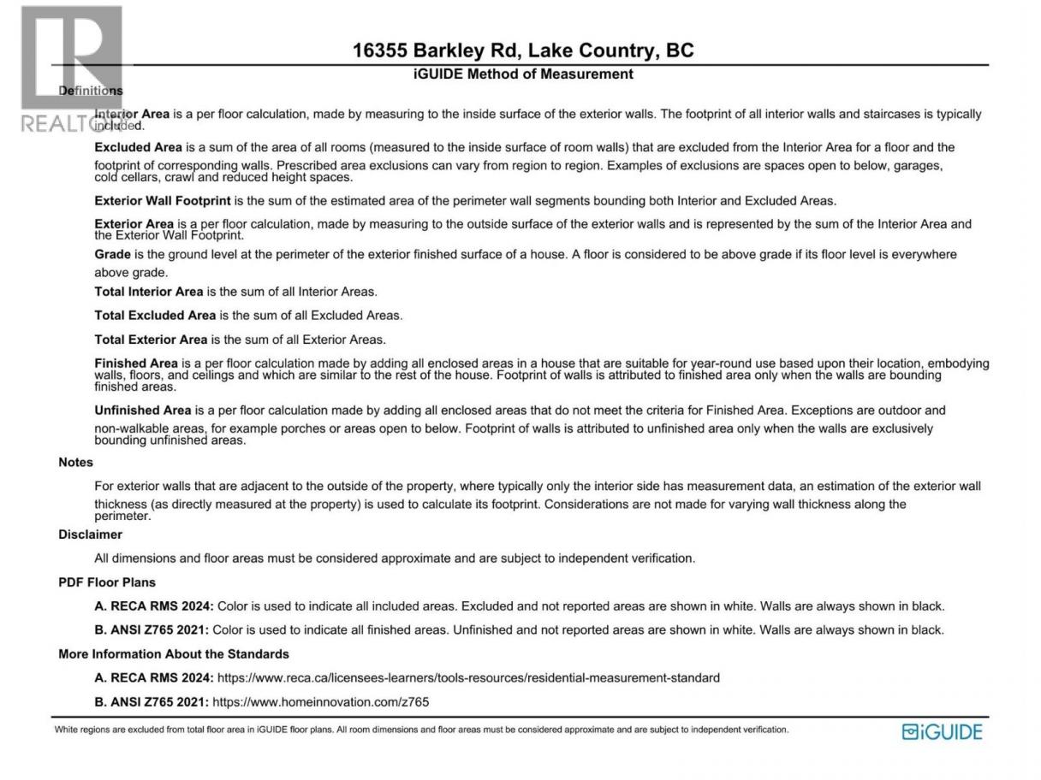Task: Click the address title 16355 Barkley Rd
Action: (x=523, y=50)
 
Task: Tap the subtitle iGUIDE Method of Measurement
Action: (x=523, y=74)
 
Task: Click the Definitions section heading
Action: (x=91, y=91)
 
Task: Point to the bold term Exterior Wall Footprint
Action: (x=163, y=201)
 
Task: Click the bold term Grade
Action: (x=112, y=254)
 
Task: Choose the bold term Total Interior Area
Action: (x=149, y=292)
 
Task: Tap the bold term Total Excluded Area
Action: (x=155, y=316)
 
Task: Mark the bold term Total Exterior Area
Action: (x=152, y=340)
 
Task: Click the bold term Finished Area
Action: (x=136, y=363)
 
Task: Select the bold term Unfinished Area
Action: (x=143, y=411)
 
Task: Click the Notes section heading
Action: (x=75, y=462)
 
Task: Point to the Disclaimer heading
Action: (x=90, y=535)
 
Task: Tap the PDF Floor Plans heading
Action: (x=107, y=582)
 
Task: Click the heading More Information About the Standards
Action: (x=174, y=654)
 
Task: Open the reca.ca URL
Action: (x=468, y=678)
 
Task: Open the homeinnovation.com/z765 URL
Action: (x=320, y=702)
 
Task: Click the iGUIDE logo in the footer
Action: (x=942, y=732)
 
